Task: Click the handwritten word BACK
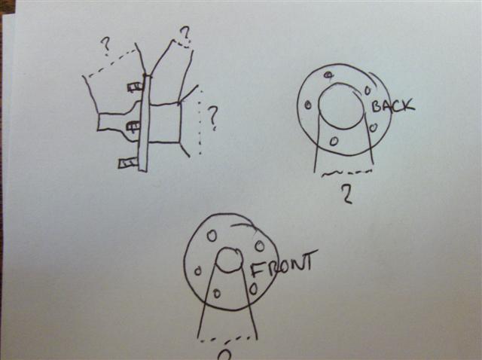[x=392, y=106]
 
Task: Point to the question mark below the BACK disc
[x=346, y=195]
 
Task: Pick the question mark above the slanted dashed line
[x=106, y=47]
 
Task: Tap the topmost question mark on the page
[x=186, y=35]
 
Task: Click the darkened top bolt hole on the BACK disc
[x=328, y=75]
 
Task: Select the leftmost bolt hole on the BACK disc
[x=308, y=105]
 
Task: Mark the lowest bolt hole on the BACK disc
[x=334, y=141]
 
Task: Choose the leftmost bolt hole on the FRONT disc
[x=198, y=271]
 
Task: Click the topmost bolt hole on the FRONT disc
[x=212, y=236]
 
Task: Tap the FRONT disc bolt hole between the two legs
[x=217, y=294]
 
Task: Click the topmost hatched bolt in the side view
[x=136, y=87]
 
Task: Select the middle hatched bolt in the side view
[x=134, y=126]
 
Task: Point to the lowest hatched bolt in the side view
[x=128, y=163]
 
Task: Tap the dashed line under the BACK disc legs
[x=346, y=173]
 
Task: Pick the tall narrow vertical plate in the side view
[x=145, y=123]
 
